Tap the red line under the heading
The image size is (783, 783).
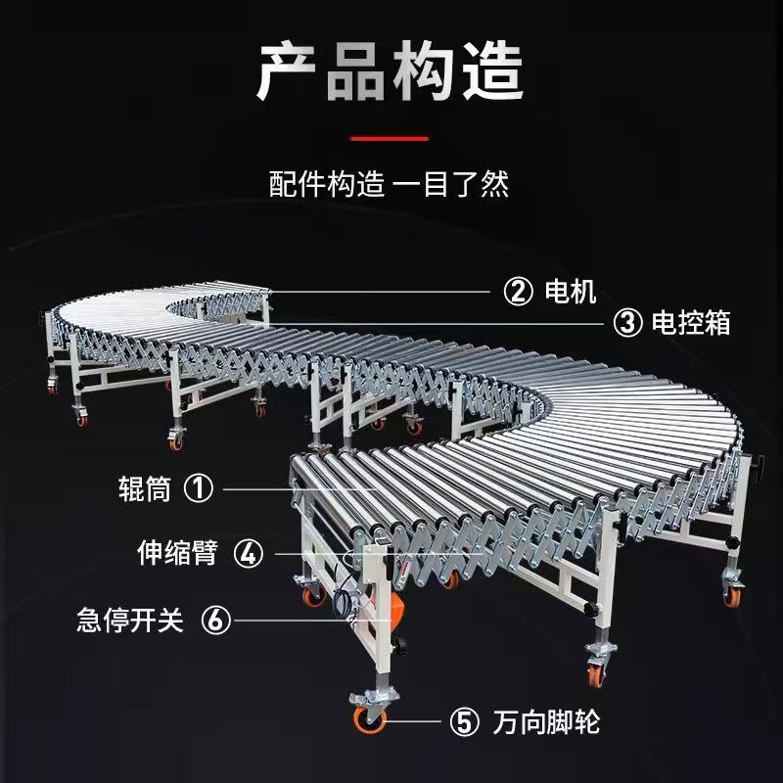pos(390,138)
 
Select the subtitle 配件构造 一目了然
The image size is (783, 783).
pos(390,185)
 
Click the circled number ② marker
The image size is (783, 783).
pos(517,291)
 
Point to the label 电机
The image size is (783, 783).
pos(565,291)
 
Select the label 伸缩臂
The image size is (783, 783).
pos(175,554)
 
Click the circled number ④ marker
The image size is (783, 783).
pos(250,554)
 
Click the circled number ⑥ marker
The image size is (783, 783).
pos(217,621)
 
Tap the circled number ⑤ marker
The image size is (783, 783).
pos(463,723)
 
